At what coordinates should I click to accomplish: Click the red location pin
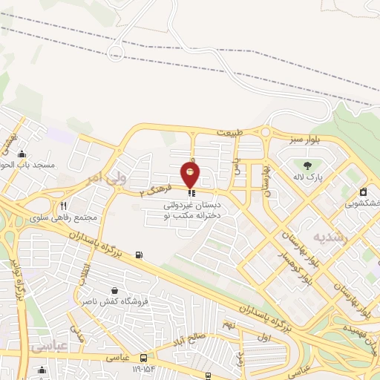(191, 175)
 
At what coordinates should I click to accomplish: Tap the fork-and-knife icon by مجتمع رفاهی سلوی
(64, 206)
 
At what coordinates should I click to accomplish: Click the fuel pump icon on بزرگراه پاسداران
(139, 256)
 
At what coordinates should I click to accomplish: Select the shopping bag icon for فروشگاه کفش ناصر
(114, 289)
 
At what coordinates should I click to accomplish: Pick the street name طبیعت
(230, 132)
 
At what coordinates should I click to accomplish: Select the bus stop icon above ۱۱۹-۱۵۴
(143, 357)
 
